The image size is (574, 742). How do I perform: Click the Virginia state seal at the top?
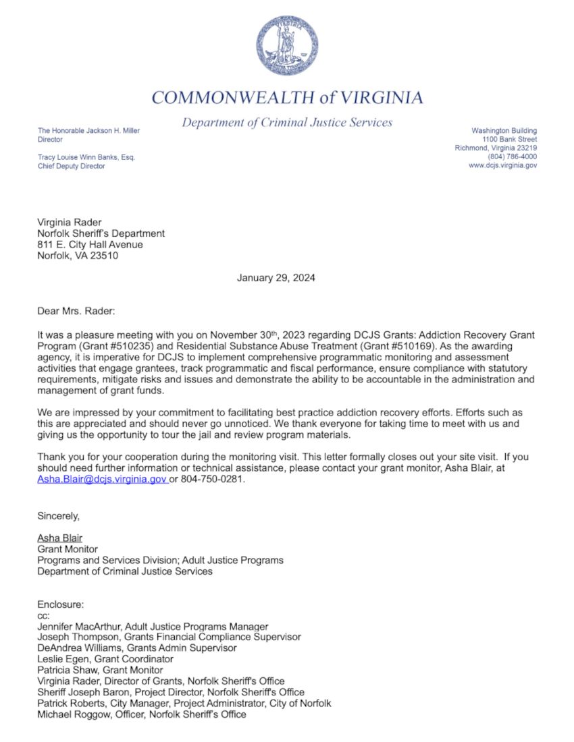(x=287, y=45)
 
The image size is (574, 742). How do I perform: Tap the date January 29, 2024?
(x=276, y=278)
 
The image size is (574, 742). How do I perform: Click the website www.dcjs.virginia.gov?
(x=502, y=165)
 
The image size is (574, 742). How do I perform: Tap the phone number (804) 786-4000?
(x=512, y=156)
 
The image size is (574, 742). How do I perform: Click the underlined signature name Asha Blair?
(x=59, y=538)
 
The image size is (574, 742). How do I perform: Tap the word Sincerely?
(x=58, y=516)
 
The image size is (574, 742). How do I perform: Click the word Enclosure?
(x=60, y=605)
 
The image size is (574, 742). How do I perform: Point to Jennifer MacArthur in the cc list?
(x=77, y=627)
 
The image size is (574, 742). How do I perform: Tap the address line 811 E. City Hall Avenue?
(x=90, y=245)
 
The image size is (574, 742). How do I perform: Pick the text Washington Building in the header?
(x=504, y=130)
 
